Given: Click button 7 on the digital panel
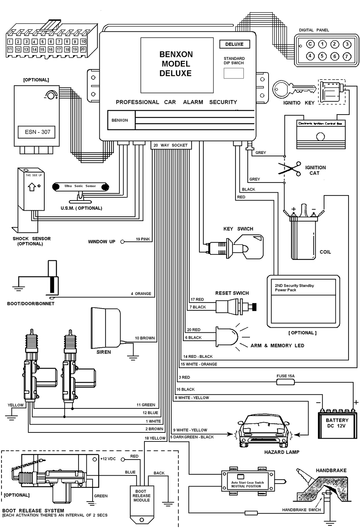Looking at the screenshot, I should coord(347,56).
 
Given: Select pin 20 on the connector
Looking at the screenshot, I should coord(83,49).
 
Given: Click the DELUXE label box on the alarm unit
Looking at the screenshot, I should coord(234,44).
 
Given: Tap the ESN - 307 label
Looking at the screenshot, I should coord(37,132).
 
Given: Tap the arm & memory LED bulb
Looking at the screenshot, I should coord(227,336).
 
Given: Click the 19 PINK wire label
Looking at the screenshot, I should coord(143,239).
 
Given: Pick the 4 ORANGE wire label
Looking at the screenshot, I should coord(141,293).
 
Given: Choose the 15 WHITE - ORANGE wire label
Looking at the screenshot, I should coord(199,364).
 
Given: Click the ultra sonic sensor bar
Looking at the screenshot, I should coord(80,187).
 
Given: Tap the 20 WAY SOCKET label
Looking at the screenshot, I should coord(171,145).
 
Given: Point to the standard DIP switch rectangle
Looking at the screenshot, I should coord(234,73).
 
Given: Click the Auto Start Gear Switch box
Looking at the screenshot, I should coord(247,481).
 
